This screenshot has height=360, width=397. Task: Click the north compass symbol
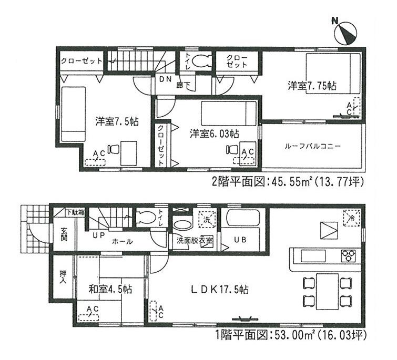(x=345, y=32)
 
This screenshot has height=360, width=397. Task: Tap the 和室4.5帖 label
(x=110, y=289)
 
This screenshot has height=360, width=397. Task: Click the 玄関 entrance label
(x=64, y=235)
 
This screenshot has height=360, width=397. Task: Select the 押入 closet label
(x=64, y=276)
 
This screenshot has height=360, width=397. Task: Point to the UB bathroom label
(x=239, y=240)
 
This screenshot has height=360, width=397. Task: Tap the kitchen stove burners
(x=349, y=256)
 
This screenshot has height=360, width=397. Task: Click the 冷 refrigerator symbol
(x=349, y=216)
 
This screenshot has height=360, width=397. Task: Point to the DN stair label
(x=165, y=79)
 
